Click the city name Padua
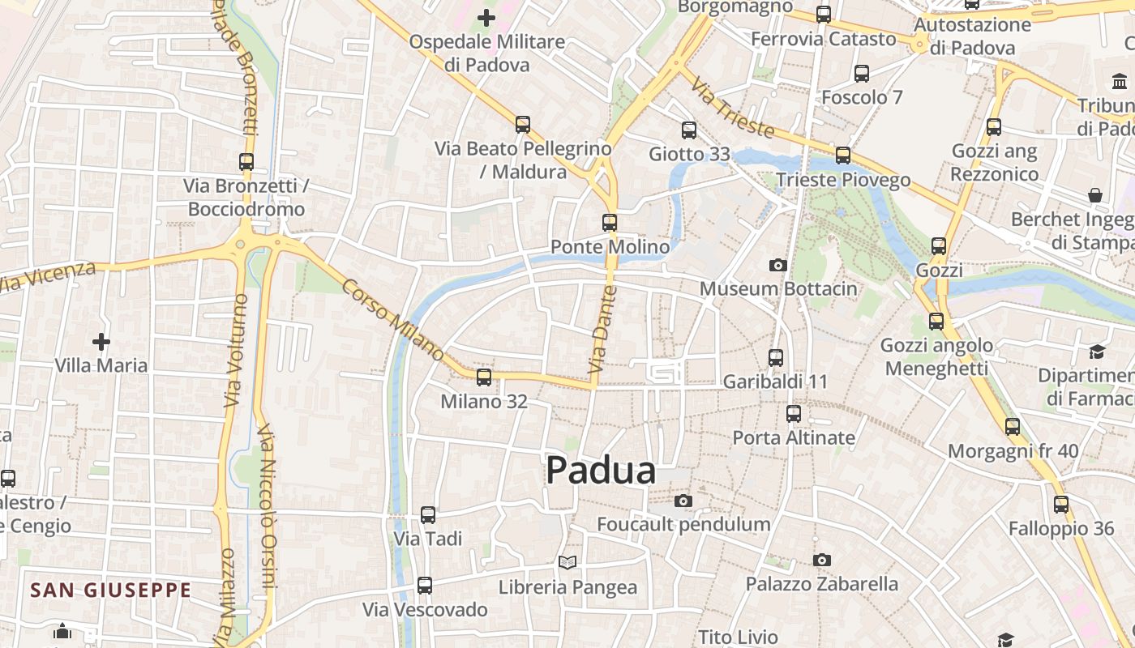(x=601, y=470)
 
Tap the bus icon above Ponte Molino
(x=610, y=222)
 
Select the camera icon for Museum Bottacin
(x=777, y=265)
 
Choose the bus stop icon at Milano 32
(x=484, y=377)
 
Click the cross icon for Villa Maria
(x=101, y=342)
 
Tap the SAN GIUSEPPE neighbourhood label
(x=111, y=590)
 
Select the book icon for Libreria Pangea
(x=567, y=562)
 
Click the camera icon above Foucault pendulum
(x=683, y=501)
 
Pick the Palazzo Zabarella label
(x=821, y=584)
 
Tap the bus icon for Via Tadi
(x=428, y=514)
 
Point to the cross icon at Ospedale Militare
(x=486, y=17)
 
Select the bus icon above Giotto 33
(x=689, y=130)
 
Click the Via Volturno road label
(x=234, y=350)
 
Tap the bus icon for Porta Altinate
(x=794, y=414)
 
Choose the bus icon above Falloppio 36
(x=1061, y=505)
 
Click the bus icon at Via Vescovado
(x=425, y=586)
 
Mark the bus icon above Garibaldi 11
(x=776, y=357)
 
